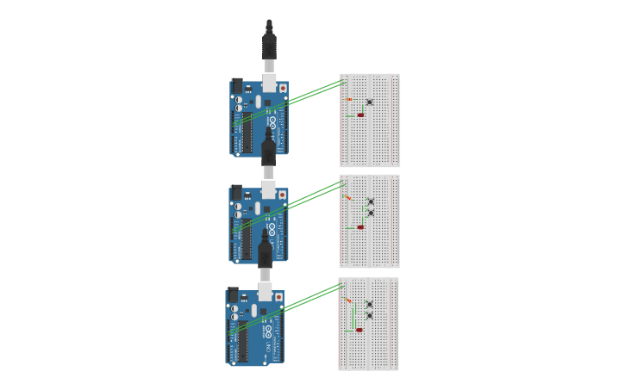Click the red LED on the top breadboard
[x=360, y=115]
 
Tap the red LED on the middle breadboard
[x=360, y=227]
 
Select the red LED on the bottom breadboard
[x=359, y=330]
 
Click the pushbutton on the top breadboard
[x=370, y=102]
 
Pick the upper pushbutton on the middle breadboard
[x=371, y=201]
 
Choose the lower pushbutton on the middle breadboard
[x=371, y=212]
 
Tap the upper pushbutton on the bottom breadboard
[x=370, y=304]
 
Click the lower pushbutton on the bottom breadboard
[x=370, y=315]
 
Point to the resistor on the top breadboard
[x=349, y=100]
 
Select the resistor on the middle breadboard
[x=348, y=198]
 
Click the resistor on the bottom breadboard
[x=348, y=300]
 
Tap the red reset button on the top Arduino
[x=283, y=88]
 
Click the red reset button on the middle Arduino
[x=282, y=195]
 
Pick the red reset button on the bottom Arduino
[x=278, y=298]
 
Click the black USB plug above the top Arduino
[x=269, y=43]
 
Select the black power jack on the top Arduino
[x=237, y=86]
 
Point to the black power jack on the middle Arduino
[x=236, y=193]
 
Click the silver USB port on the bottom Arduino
[x=266, y=292]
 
